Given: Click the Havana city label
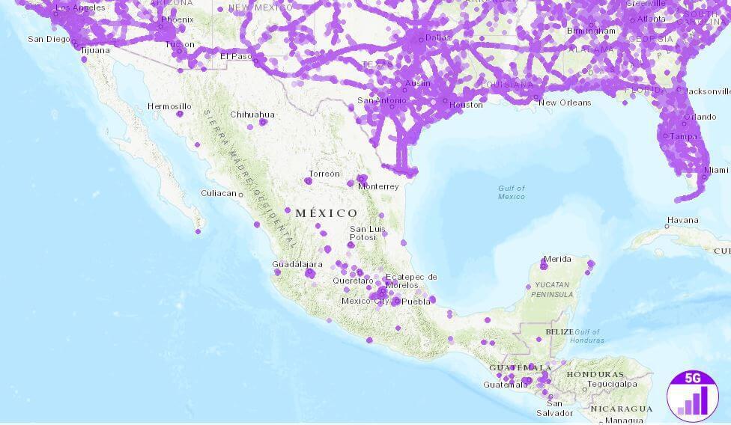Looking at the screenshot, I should coord(682,220).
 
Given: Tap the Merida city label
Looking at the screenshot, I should coord(557,259).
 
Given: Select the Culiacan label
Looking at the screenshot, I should coord(218,193).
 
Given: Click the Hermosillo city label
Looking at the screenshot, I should coord(169,106).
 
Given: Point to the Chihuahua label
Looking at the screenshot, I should coord(252,114).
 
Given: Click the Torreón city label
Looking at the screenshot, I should coord(324,174).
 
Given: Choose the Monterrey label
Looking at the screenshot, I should coord(379,186).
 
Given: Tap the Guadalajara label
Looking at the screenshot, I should coord(297,264).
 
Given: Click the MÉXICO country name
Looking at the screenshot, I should coord(327,213).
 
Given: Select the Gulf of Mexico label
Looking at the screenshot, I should coord(512,192).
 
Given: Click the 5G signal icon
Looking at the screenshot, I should coord(692,394).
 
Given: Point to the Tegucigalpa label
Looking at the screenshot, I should coord(611,384).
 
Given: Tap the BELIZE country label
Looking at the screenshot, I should coord(559,331).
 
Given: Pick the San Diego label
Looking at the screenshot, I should coord(49,39).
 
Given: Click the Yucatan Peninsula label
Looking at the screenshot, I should coord(553,290).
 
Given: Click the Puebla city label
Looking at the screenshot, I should coord(416,301).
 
